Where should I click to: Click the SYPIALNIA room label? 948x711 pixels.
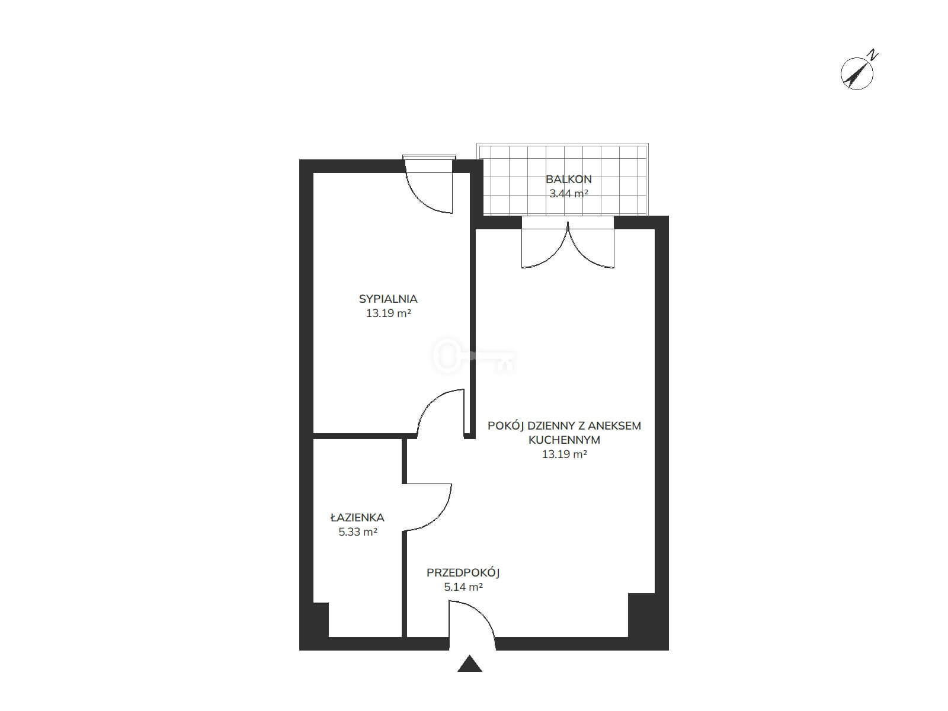tap(388, 299)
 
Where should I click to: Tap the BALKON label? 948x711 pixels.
tap(568, 179)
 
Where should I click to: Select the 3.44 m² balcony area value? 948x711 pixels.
tap(568, 193)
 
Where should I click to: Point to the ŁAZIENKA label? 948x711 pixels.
tap(357, 517)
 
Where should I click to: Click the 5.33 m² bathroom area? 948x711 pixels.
tap(358, 531)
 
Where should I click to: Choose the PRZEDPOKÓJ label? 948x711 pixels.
tap(463, 573)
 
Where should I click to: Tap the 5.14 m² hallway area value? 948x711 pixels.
tap(463, 587)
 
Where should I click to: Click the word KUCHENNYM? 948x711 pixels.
tap(564, 440)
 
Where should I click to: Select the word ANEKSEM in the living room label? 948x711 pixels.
tap(615, 425)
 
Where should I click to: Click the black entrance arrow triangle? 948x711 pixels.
tap(469, 665)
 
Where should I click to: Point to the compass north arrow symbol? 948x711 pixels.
tap(857, 74)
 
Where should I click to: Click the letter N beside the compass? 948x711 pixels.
tap(873, 55)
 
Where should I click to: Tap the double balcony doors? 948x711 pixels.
tap(568, 244)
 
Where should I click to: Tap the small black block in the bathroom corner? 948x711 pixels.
tap(321, 620)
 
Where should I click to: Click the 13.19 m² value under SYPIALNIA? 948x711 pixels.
tap(388, 313)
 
